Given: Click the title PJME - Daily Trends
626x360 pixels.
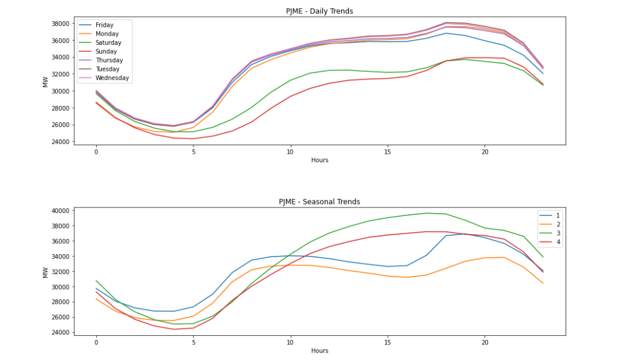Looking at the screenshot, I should pyautogui.click(x=319, y=11).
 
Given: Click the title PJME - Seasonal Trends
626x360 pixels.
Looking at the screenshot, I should pyautogui.click(x=319, y=201).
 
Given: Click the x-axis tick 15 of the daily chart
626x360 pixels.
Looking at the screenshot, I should pyautogui.click(x=387, y=151).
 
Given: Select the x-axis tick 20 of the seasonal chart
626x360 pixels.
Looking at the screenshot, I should pyautogui.click(x=484, y=342).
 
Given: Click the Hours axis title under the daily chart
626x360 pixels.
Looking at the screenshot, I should pyautogui.click(x=319, y=160).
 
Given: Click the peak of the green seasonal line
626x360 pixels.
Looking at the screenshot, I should pyautogui.click(x=426, y=213).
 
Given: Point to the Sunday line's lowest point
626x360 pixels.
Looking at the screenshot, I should pyautogui.click(x=193, y=139).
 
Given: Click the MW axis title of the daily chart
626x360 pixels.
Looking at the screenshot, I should pyautogui.click(x=45, y=81).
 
